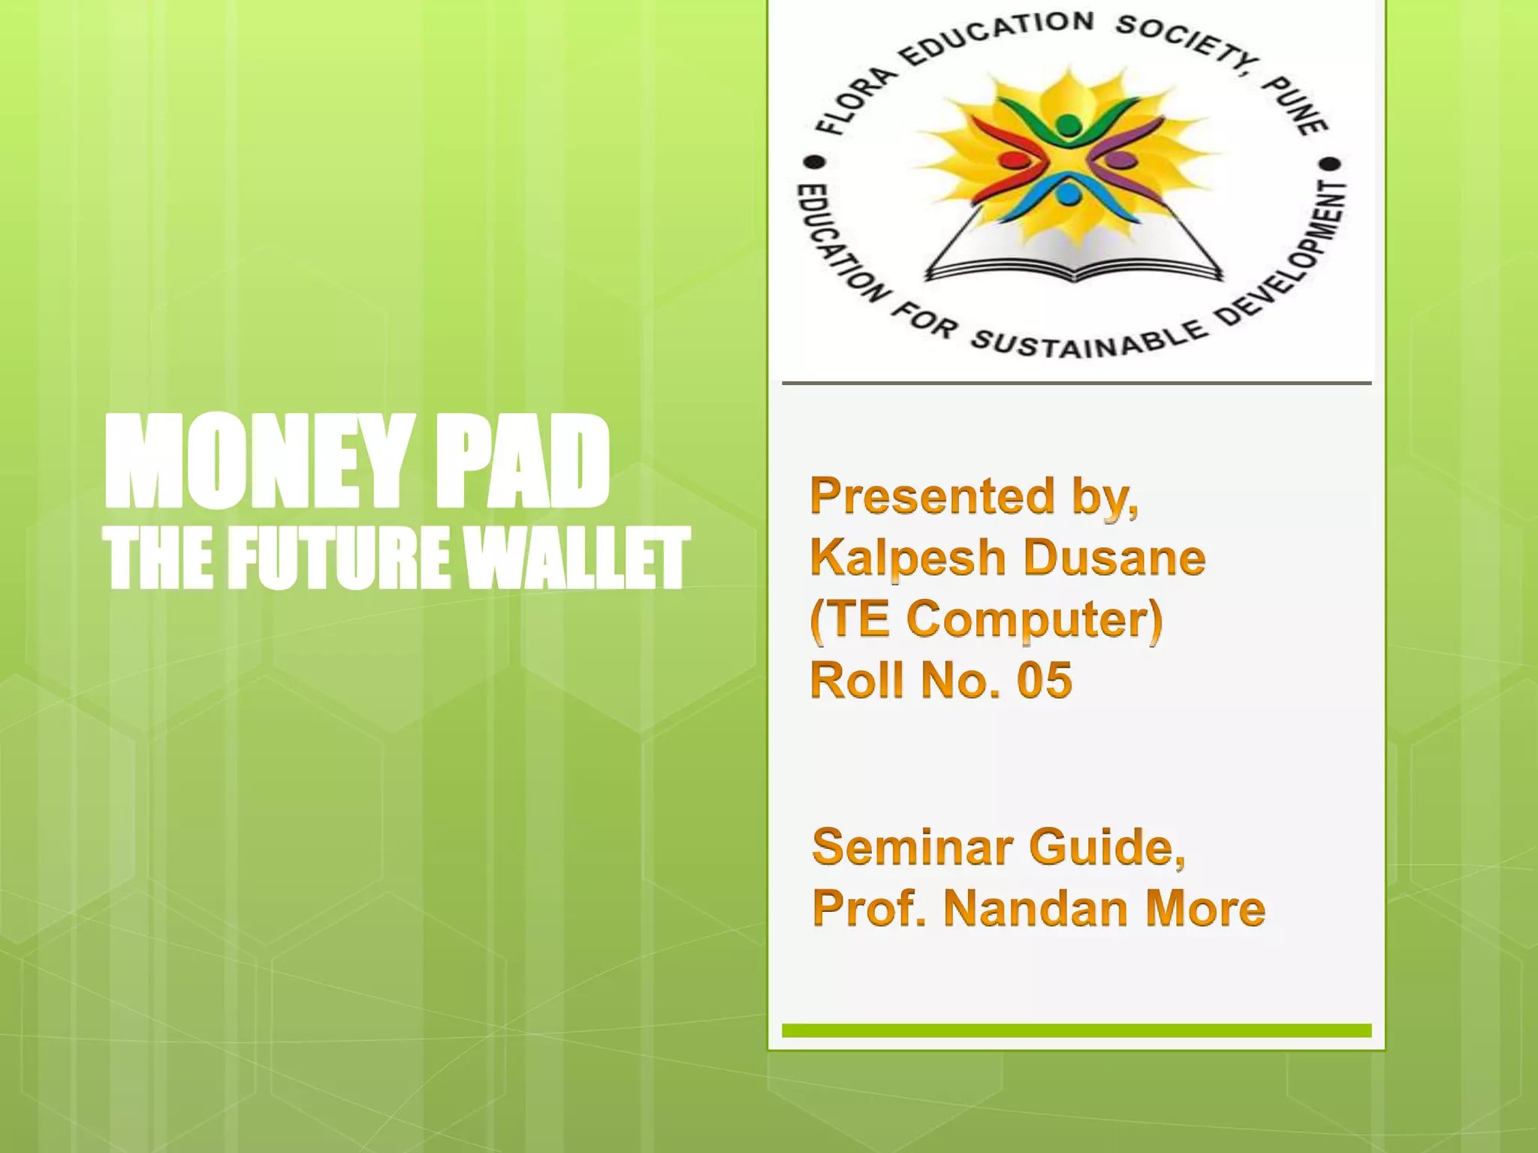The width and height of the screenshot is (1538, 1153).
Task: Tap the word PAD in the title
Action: [x=523, y=463]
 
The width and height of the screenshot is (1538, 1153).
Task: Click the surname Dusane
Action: [x=1114, y=558]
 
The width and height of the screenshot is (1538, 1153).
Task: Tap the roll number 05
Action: [x=1044, y=681]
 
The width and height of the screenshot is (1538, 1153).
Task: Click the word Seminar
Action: [x=912, y=847]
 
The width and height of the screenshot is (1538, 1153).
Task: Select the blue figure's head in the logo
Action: [x=1066, y=195]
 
